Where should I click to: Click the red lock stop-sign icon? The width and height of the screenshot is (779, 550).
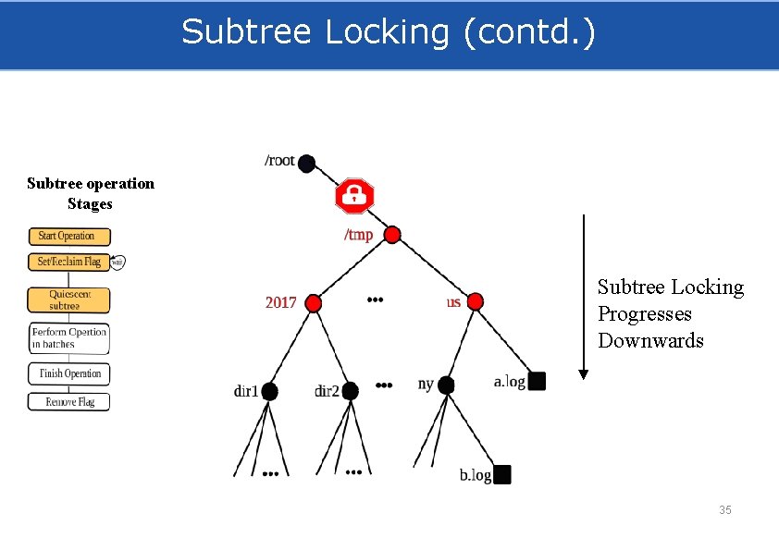click(x=353, y=195)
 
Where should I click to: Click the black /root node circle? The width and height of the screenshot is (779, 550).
click(x=306, y=164)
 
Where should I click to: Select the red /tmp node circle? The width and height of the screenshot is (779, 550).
click(x=392, y=235)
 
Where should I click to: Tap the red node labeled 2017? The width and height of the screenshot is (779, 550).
click(x=314, y=303)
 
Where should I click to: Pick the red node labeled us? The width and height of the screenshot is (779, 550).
click(x=475, y=301)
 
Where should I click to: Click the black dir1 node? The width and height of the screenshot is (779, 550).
click(x=269, y=391)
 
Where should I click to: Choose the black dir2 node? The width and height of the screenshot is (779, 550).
click(x=350, y=391)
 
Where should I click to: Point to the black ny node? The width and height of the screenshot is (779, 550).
click(x=446, y=385)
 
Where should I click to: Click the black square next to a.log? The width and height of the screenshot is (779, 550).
click(x=538, y=381)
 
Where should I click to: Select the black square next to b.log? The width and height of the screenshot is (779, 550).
click(x=502, y=475)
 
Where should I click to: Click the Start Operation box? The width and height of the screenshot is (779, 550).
click(x=68, y=237)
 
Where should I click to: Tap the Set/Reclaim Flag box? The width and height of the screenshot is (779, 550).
click(x=68, y=262)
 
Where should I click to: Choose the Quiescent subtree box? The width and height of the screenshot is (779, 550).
click(x=68, y=299)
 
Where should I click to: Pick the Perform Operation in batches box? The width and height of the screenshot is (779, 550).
click(x=68, y=338)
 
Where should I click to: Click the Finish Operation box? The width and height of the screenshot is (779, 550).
click(x=68, y=373)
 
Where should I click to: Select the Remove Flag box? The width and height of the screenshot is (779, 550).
click(x=68, y=402)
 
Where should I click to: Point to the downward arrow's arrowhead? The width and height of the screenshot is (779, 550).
click(x=583, y=374)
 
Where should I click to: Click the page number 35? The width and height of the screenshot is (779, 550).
click(x=725, y=510)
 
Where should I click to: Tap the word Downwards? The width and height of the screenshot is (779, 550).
click(x=650, y=340)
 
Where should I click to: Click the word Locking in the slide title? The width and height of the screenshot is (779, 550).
click(x=389, y=31)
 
